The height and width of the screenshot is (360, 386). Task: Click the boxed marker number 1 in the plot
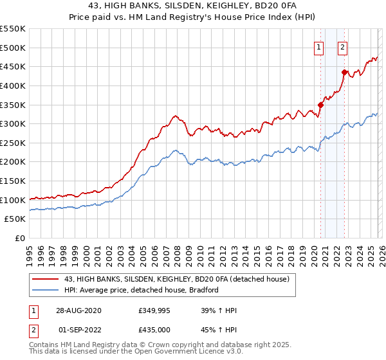[319, 46]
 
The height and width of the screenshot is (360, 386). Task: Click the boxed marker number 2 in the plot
[342, 46]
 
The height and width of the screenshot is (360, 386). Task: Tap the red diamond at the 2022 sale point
[344, 72]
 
